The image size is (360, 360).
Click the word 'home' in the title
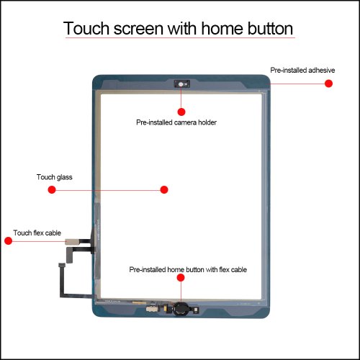click(x=222, y=28)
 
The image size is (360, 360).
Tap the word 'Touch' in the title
click(x=86, y=28)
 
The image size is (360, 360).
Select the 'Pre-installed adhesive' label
click(x=302, y=70)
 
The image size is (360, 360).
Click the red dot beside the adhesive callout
click(x=328, y=84)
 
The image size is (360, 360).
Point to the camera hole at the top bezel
click(x=181, y=84)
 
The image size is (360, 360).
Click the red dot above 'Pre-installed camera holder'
click(x=181, y=112)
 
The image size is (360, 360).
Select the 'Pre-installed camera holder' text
click(x=176, y=122)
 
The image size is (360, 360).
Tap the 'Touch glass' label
click(x=55, y=177)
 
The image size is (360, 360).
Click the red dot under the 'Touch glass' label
click(x=52, y=189)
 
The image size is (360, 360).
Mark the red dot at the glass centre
click(x=164, y=189)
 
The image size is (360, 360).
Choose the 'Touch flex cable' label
click(x=37, y=233)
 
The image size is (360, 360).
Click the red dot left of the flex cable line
click(x=9, y=240)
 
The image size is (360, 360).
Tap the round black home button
click(x=181, y=309)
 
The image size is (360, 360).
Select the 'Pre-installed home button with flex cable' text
click(x=188, y=269)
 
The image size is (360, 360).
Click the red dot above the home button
click(x=181, y=278)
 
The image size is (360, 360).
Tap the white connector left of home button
click(x=151, y=310)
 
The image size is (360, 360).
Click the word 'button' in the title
click(x=270, y=28)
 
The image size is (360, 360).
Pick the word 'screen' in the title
click(x=138, y=30)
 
